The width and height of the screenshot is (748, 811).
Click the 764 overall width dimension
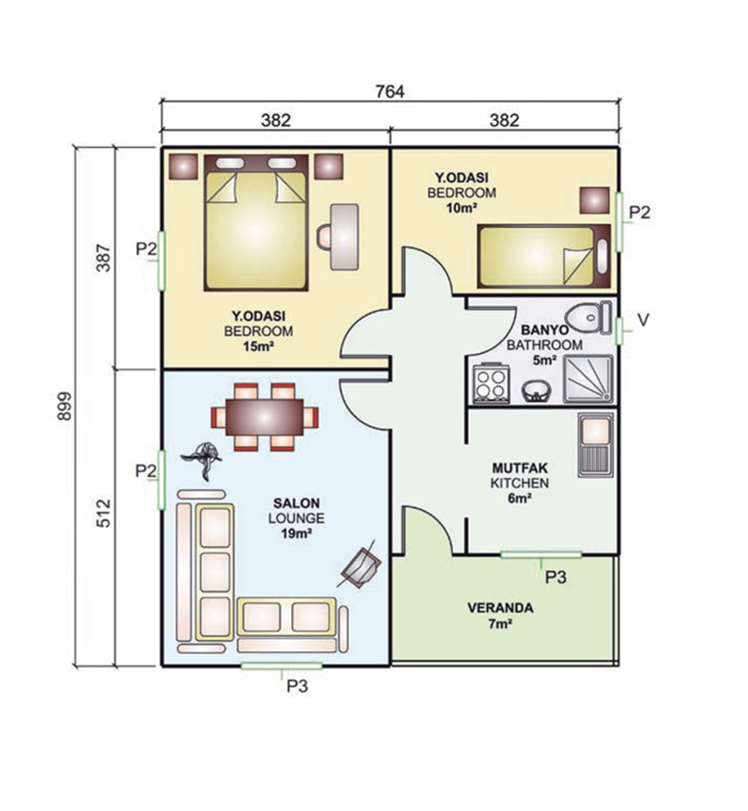pyautogui.click(x=390, y=92)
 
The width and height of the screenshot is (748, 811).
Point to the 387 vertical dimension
pyautogui.click(x=103, y=258)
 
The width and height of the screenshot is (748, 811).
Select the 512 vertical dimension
pyautogui.click(x=104, y=513)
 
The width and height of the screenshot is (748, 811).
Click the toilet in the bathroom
pyautogui.click(x=588, y=318)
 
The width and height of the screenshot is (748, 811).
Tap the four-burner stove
pyautogui.click(x=491, y=381)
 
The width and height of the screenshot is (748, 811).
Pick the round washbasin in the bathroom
pyautogui.click(x=536, y=391)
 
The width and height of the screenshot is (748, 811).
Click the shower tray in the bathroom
pyautogui.click(x=588, y=378)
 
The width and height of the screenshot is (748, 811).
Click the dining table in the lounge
pyautogui.click(x=265, y=417)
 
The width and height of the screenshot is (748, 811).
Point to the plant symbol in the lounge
pyautogui.click(x=202, y=461)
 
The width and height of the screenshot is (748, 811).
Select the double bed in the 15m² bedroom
pyautogui.click(x=256, y=223)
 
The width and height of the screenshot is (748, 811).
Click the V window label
pyautogui.click(x=643, y=320)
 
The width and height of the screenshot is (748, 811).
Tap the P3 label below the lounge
pyautogui.click(x=297, y=685)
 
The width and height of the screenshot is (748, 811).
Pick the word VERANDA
pyautogui.click(x=500, y=608)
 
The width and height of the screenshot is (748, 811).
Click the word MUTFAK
pyautogui.click(x=520, y=468)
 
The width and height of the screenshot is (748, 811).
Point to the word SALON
pyautogui.click(x=296, y=503)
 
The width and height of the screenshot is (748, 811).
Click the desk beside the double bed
pyautogui.click(x=344, y=238)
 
